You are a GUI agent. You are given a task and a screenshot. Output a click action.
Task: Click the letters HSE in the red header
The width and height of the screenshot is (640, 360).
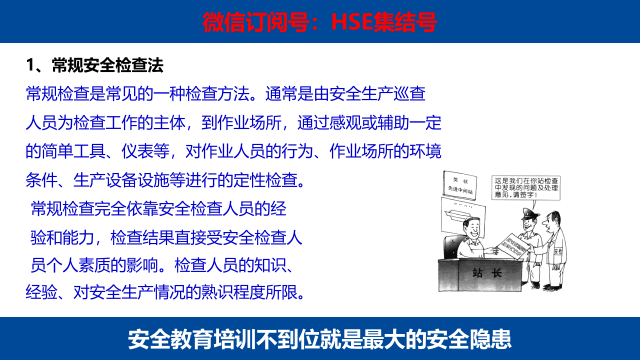(x=352, y=22)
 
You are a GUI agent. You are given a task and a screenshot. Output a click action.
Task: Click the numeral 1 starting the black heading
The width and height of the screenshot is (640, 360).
(x=30, y=65)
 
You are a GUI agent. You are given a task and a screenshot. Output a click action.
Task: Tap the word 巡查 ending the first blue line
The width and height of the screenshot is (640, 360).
(x=409, y=94)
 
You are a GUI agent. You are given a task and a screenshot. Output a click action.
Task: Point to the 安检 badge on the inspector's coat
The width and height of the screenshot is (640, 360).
(x=557, y=251)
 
